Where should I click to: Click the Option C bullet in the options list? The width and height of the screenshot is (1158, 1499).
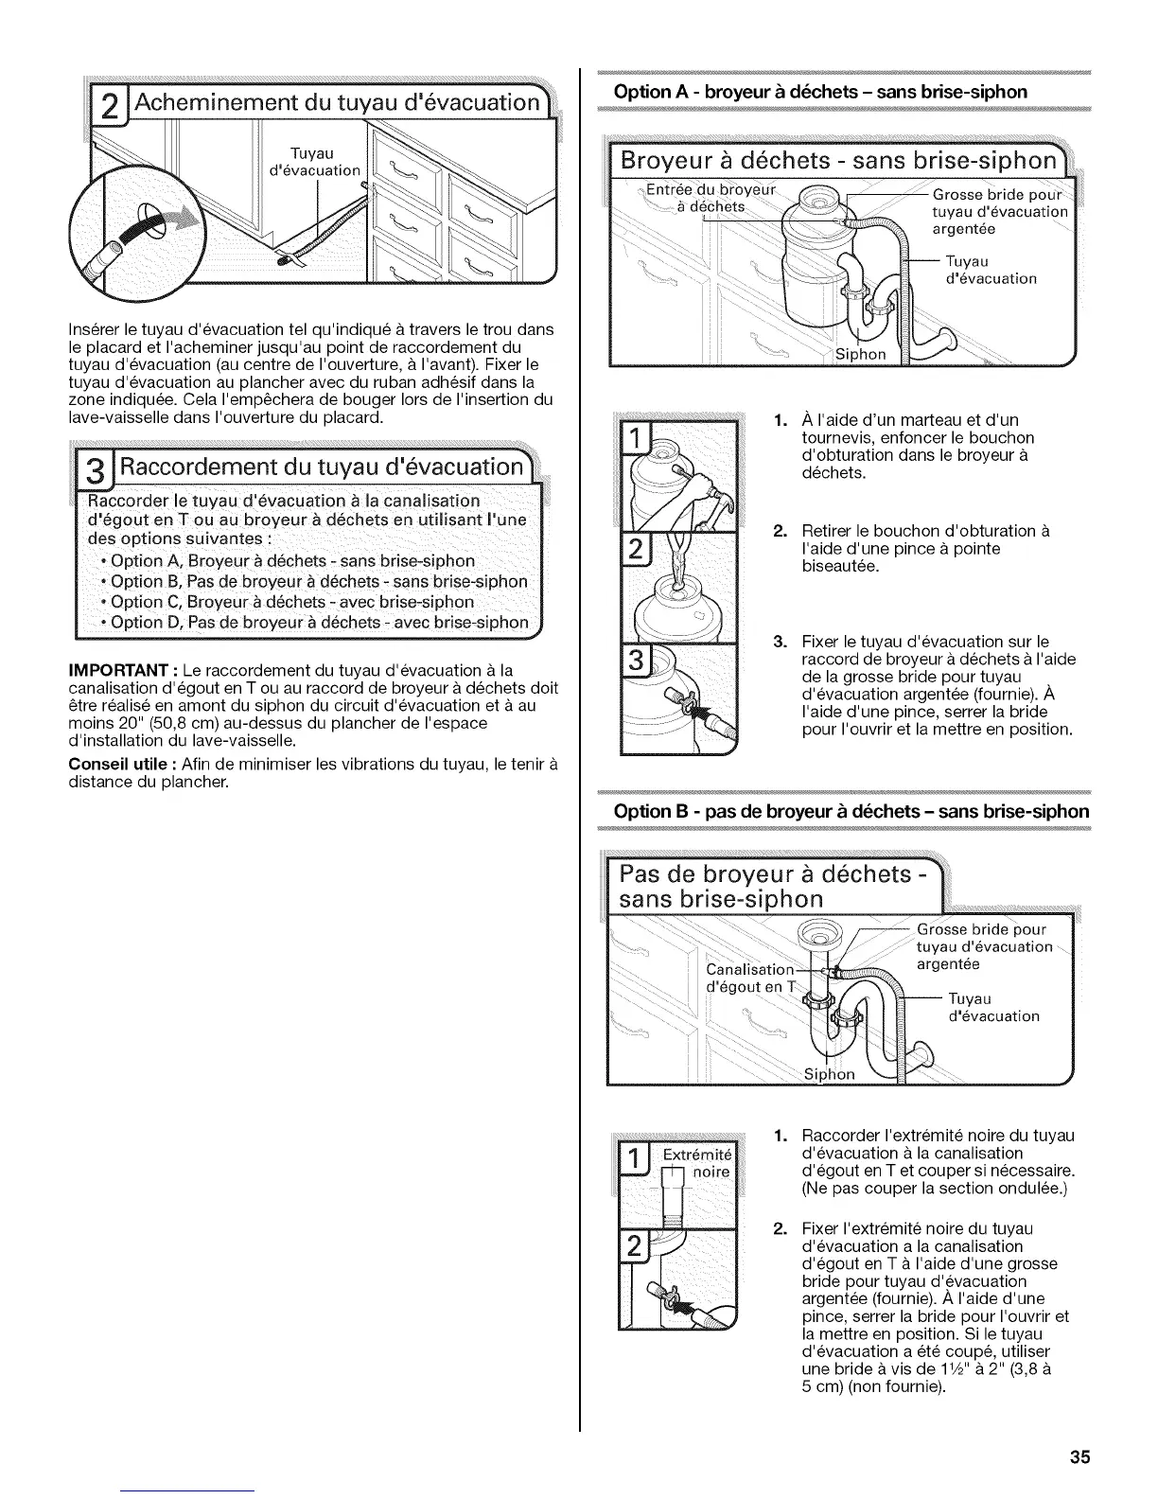coord(292,602)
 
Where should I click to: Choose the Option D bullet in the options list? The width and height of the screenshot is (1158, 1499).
coord(319,623)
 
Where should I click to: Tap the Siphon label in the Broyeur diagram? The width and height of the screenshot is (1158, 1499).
coord(861,354)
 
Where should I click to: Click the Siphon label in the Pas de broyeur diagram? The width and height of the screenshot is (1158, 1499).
coord(829,1073)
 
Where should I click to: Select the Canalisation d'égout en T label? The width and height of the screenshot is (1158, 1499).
coord(751,979)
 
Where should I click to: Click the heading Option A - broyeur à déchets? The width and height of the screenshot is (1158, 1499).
coord(820,92)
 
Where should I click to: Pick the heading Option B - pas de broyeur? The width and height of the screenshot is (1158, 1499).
coord(851,811)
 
